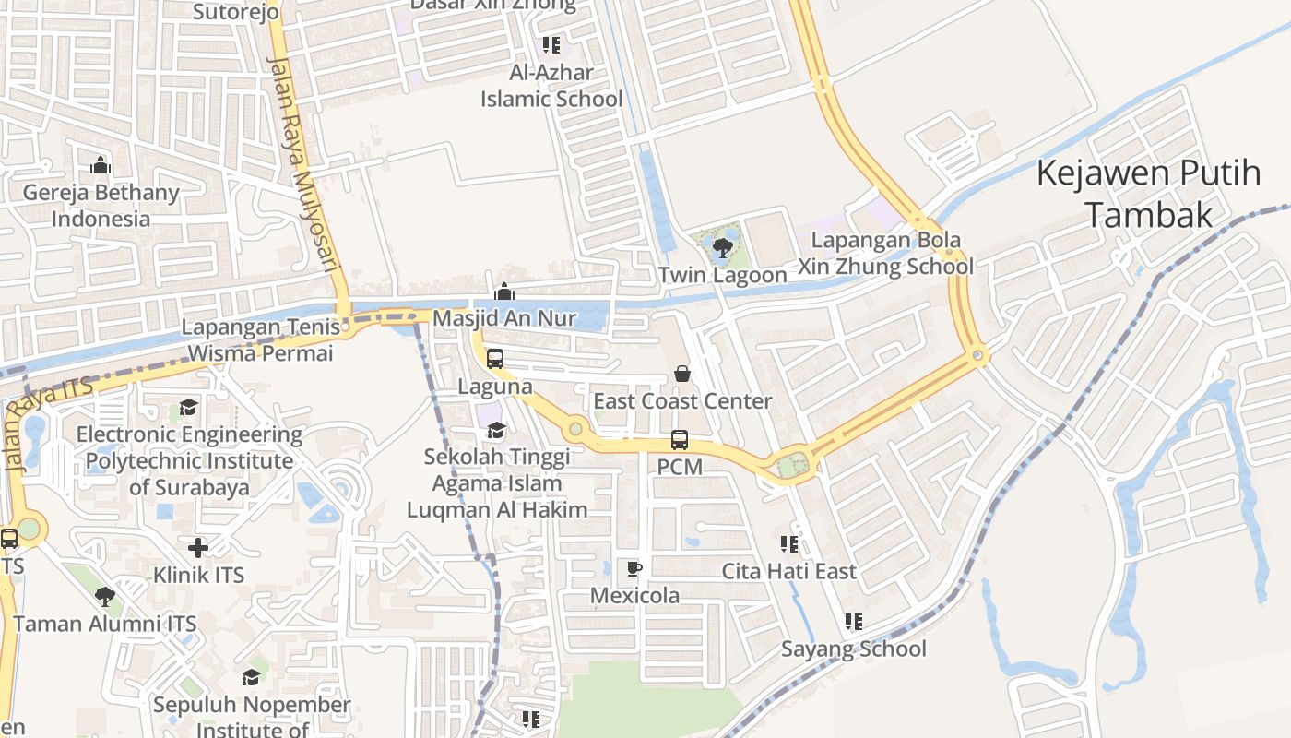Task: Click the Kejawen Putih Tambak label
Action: coord(1148,193)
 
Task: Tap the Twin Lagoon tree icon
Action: coord(723,246)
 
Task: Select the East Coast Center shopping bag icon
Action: coord(681,373)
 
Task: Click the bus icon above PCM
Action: coord(680,440)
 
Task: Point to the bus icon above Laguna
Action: coord(495,358)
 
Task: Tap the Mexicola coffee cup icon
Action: coord(634,567)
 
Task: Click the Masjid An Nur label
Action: coord(504,318)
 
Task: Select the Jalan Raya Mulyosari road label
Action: coord(303,161)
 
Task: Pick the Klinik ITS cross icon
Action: coord(198,547)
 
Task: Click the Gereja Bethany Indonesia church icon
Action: coord(101,165)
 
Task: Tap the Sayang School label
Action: coord(854,649)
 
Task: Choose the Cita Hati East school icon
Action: coord(788,543)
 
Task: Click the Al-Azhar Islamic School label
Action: coord(551,86)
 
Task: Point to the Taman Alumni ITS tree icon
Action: coord(105,596)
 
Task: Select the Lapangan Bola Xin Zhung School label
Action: coord(885,254)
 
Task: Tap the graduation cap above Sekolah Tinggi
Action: coord(496,429)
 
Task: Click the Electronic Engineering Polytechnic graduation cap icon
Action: coord(189,407)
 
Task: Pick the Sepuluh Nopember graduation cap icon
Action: coord(251,678)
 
